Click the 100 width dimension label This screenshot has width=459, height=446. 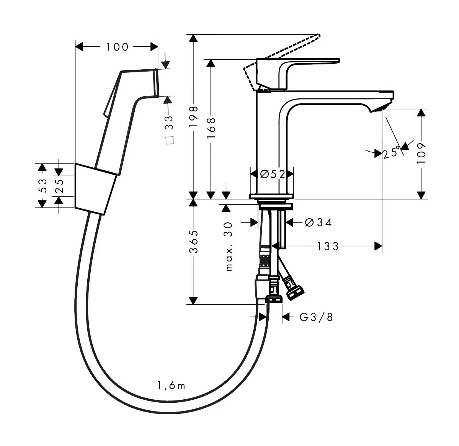117,47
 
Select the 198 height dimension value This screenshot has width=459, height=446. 193,116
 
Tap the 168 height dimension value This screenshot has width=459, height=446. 211,128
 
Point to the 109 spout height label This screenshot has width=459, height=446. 421,154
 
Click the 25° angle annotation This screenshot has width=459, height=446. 392,152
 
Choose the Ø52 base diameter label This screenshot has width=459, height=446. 273,174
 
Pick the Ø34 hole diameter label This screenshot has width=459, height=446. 318,222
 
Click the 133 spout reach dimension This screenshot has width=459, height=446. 328,247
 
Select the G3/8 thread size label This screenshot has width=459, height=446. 316,317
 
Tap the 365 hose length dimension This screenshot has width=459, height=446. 193,242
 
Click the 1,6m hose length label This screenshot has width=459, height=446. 171,386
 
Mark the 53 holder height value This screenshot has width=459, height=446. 42,186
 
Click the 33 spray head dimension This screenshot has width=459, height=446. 169,123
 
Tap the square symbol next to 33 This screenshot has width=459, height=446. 170,140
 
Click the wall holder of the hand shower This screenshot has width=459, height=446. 95,189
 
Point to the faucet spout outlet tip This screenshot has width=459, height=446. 380,109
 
